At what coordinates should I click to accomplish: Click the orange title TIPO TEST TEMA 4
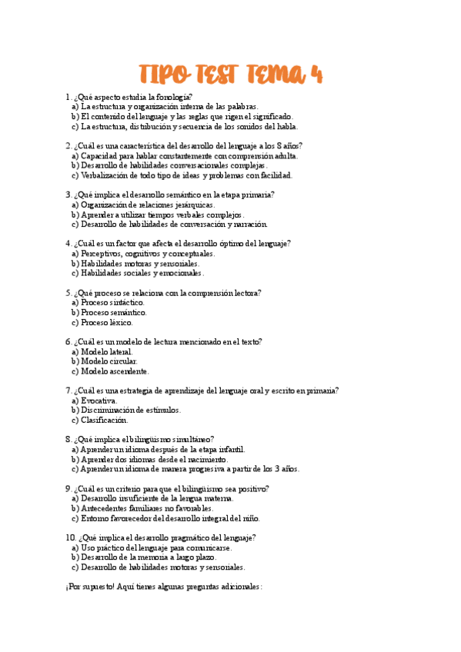click(x=230, y=73)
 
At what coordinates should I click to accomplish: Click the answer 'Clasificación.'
click(x=104, y=420)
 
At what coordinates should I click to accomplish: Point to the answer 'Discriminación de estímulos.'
click(x=130, y=410)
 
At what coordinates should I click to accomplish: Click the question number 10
click(x=71, y=537)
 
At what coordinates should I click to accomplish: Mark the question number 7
click(x=69, y=390)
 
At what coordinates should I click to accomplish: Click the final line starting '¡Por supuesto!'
click(x=164, y=586)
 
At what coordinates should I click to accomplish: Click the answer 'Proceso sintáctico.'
click(x=112, y=302)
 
